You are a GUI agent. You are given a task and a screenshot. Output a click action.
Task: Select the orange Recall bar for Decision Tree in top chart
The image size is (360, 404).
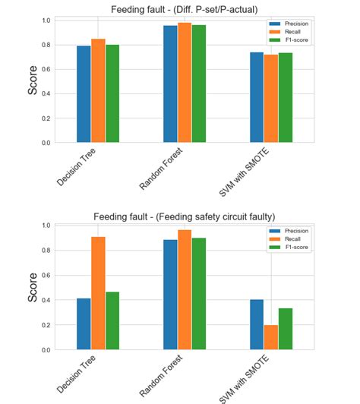[x=98, y=90]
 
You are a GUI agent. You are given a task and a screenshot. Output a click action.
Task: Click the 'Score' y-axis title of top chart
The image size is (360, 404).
[x=33, y=80]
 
